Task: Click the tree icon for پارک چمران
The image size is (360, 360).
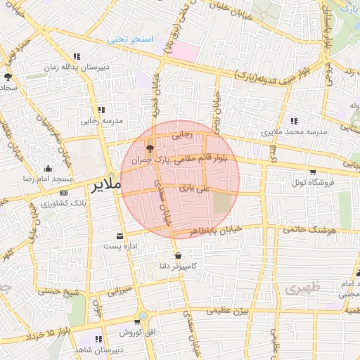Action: [150, 148]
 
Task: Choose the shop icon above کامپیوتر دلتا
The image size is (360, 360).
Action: [177, 256]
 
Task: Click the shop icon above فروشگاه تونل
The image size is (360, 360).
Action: [312, 172]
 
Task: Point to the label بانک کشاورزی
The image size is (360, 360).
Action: [63, 203]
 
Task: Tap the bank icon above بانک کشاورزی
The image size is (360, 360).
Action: [63, 193]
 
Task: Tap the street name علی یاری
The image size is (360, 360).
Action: [190, 187]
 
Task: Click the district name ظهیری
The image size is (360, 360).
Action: [303, 289]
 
